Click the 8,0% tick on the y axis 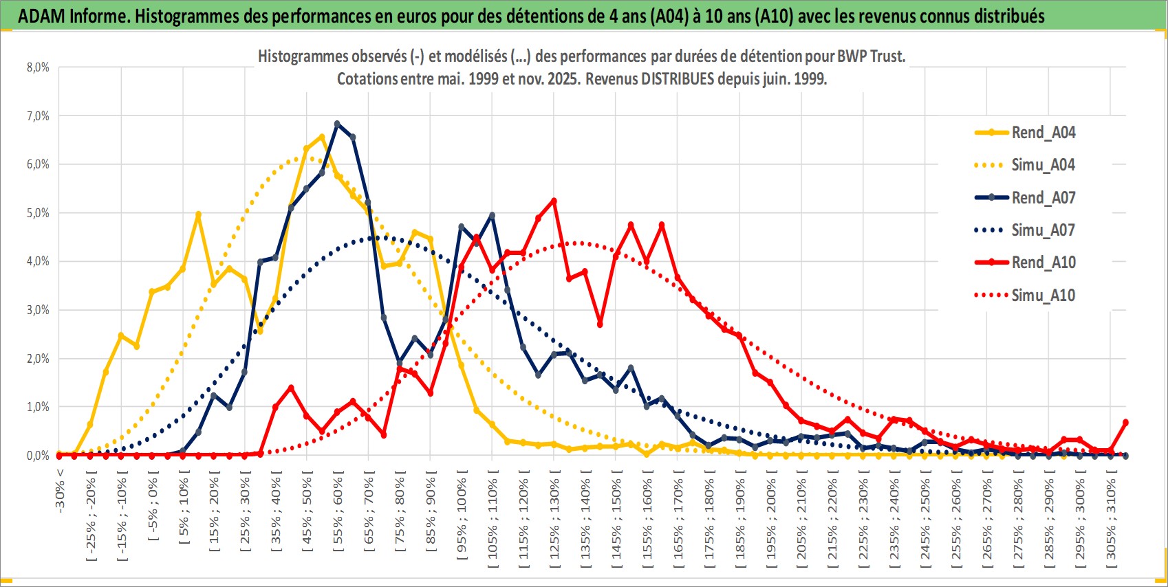point(38,67)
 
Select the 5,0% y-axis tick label point(38,213)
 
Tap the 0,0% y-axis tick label point(38,456)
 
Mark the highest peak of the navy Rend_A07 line point(337,124)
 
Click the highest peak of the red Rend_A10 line point(554,201)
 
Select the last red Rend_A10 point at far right point(1125,423)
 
